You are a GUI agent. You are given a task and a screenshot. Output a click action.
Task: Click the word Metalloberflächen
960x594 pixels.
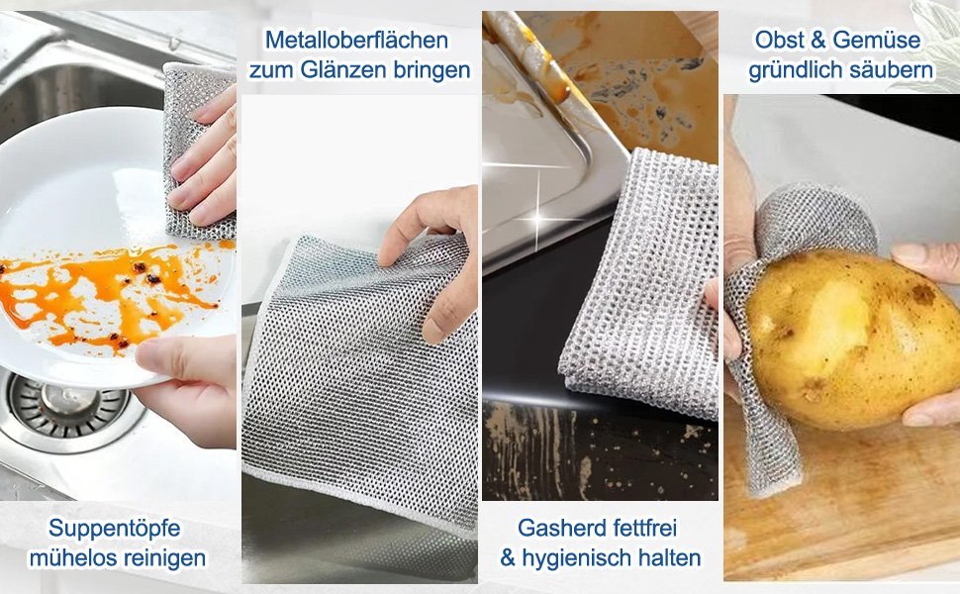[x=357, y=40]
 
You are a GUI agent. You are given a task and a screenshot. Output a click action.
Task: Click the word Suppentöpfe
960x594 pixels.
[x=115, y=528]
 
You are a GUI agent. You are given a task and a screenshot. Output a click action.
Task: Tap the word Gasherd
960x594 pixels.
[x=558, y=528]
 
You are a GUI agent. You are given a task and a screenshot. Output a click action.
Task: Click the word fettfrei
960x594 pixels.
[x=639, y=528]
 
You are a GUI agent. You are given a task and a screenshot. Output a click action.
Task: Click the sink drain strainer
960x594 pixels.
[x=66, y=407]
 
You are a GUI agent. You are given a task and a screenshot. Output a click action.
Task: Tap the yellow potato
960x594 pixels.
[x=852, y=339]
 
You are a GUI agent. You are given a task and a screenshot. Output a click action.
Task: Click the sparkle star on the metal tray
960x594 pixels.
[x=538, y=217]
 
